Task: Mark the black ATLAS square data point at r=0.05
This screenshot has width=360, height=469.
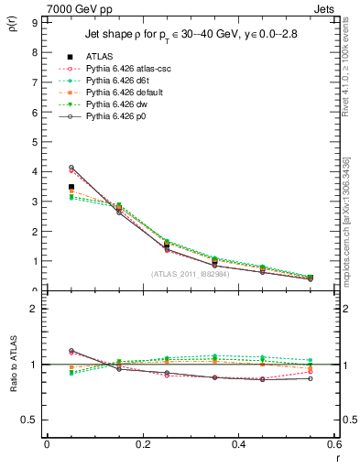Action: pyautogui.click(x=71, y=187)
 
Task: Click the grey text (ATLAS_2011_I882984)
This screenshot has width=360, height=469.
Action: pyautogui.click(x=191, y=275)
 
